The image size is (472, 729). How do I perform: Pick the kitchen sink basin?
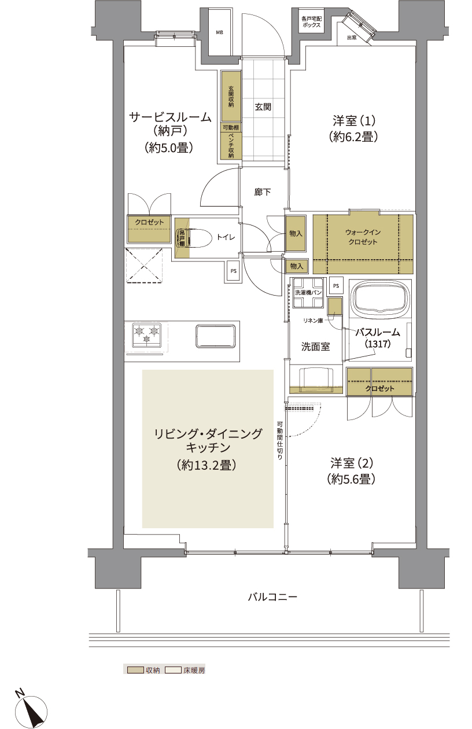tap(216, 336)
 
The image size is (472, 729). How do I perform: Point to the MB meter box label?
tap(220, 32)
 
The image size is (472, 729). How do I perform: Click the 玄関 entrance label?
tap(263, 106)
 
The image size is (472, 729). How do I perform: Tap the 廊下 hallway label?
tap(262, 192)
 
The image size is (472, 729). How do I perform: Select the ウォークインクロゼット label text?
tap(363, 237)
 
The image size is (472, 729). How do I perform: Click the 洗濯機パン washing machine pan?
tap(308, 293)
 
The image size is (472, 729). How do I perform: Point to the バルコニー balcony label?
tap(272, 597)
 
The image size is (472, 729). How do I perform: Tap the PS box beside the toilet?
tap(233, 271)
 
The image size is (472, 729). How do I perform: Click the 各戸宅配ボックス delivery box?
tap(311, 21)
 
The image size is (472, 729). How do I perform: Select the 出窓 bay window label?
tap(352, 38)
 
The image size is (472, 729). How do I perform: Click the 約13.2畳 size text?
tap(207, 465)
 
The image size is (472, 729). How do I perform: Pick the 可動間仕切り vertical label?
tap(280, 441)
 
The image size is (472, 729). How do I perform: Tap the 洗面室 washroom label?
tap(315, 347)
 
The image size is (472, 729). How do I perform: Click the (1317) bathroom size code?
tap(378, 344)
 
